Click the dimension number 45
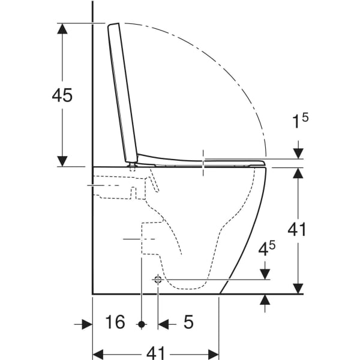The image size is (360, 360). pos(62,95)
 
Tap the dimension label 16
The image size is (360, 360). pos(115,322)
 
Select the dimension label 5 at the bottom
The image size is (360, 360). pos(188,322)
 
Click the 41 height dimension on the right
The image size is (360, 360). pos(297,229)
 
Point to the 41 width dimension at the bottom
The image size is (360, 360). pos(155,353)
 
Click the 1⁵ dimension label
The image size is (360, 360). pos(300,121)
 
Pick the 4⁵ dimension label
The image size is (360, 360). pos(267,248)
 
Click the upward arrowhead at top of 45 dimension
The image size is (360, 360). pos(62,28)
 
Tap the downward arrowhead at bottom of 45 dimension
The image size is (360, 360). pos(62,161)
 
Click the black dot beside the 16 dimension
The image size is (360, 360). pos(142,325)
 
